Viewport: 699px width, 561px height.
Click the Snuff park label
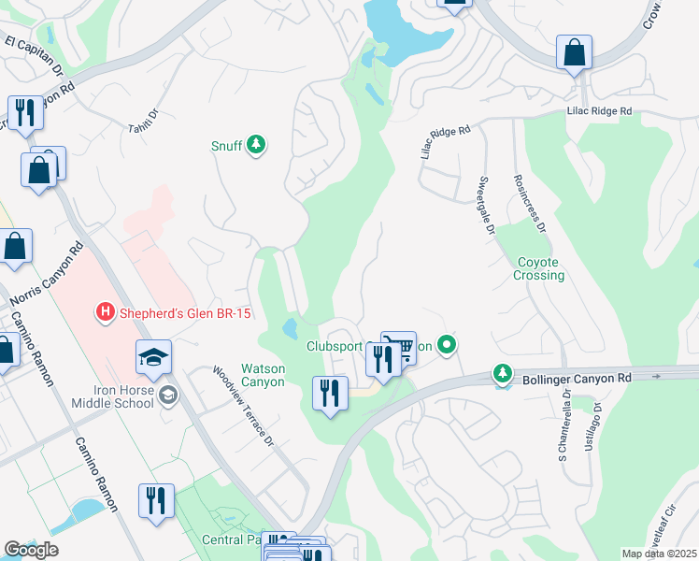click(226, 146)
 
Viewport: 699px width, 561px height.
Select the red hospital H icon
click(107, 312)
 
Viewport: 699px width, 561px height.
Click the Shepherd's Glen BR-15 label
click(185, 313)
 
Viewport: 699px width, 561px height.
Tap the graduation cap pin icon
click(153, 357)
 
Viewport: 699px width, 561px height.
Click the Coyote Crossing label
click(539, 268)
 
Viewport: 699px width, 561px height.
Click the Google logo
click(32, 550)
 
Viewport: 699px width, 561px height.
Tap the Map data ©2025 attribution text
click(659, 554)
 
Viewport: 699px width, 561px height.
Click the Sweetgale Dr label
click(485, 205)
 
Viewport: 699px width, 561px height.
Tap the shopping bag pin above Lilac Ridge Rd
click(574, 53)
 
